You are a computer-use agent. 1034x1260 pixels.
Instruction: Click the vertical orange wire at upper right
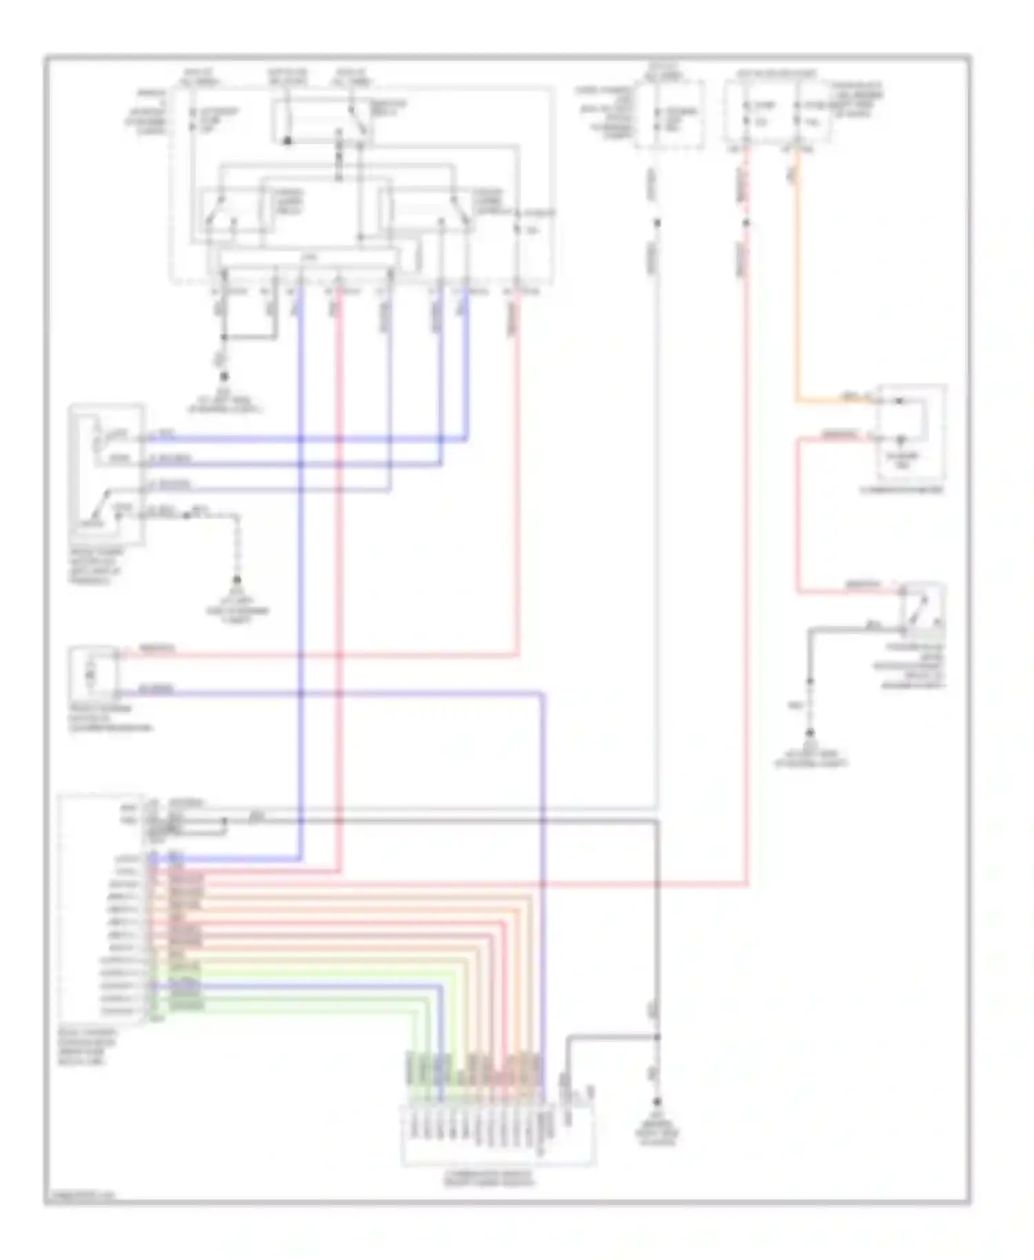(798, 276)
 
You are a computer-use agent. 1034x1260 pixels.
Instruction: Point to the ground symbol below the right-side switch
(811, 733)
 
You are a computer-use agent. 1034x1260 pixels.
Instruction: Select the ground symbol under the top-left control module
(224, 377)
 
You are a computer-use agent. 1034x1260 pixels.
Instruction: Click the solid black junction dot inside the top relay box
(287, 141)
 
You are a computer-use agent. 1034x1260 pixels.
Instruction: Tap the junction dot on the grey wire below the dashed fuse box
(657, 223)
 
